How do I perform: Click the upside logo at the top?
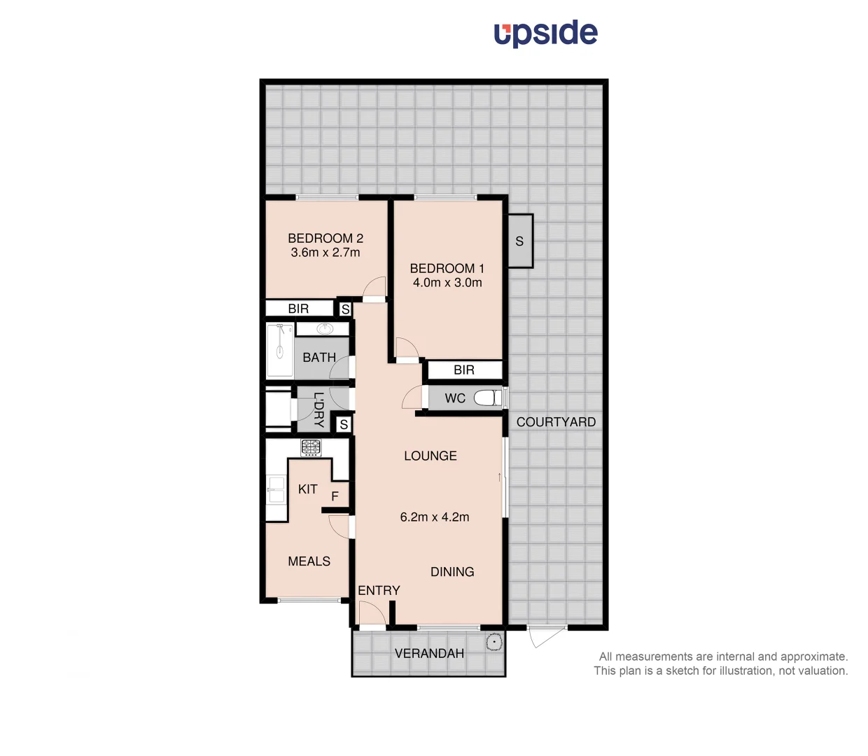pos(545,33)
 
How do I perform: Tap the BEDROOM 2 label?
pos(325,238)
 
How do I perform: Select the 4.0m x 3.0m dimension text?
pos(447,283)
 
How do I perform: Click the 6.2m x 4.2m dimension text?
pos(435,517)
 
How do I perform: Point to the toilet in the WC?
pos(487,398)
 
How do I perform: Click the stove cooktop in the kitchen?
pos(311,447)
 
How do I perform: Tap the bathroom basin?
pos(324,329)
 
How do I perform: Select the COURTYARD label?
pos(556,422)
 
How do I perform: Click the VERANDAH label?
pos(429,654)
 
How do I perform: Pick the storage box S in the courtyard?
pos(520,241)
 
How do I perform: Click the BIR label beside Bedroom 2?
pos(298,309)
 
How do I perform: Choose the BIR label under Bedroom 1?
pos(464,370)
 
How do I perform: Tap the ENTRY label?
pos(379,591)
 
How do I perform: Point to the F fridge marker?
pos(335,496)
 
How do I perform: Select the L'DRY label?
pos(318,410)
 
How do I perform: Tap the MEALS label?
pos(309,561)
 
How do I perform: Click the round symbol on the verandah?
pos(493,642)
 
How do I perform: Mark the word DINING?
pos(452,572)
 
